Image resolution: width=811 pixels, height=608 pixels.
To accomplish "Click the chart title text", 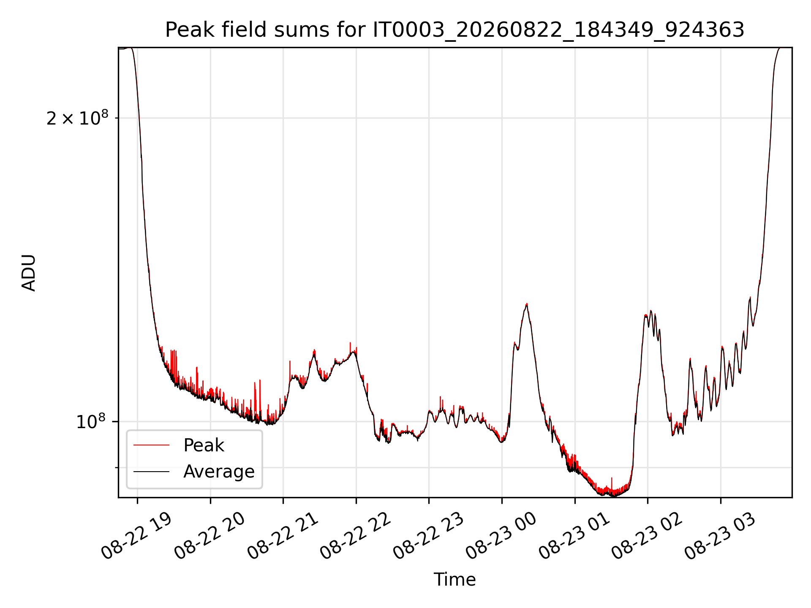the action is [454, 30].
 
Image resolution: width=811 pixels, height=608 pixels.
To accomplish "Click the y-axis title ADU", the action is [29, 273].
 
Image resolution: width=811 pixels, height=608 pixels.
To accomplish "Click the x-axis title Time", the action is [454, 580].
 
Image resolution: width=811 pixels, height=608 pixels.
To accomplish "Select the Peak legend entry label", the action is [204, 445].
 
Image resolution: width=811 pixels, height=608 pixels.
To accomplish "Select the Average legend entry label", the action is [219, 472].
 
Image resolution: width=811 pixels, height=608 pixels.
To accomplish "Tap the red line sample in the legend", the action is [151, 445].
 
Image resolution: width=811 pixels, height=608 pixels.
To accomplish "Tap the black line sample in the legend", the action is [151, 471].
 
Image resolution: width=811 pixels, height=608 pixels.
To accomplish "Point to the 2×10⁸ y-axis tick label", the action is [77, 118].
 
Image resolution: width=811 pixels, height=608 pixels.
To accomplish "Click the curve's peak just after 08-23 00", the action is [527, 304].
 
